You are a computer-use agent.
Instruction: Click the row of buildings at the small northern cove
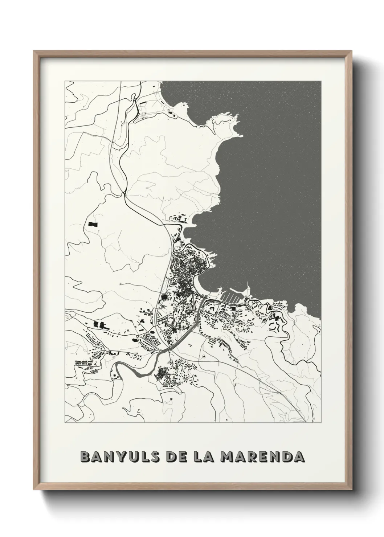[177, 219]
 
